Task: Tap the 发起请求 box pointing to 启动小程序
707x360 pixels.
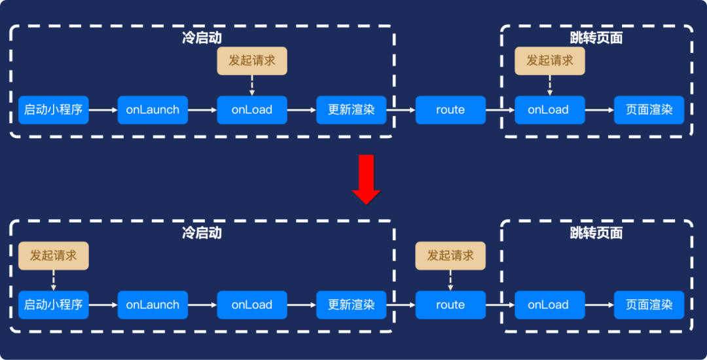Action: pyautogui.click(x=53, y=255)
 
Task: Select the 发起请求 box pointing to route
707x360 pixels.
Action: pyautogui.click(x=450, y=255)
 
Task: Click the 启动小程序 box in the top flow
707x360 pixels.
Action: pyautogui.click(x=53, y=110)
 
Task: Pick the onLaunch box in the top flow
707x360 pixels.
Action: pyautogui.click(x=153, y=110)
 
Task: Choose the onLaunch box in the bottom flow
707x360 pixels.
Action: pyautogui.click(x=153, y=305)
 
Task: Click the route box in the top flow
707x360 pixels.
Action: pyautogui.click(x=450, y=110)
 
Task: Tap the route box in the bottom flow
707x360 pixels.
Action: pyautogui.click(x=450, y=305)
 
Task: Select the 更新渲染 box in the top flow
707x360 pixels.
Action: pyautogui.click(x=352, y=110)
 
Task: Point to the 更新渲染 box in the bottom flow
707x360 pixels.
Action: pyautogui.click(x=352, y=305)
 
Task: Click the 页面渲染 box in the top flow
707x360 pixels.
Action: pyautogui.click(x=649, y=110)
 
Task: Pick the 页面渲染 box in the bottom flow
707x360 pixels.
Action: pyautogui.click(x=649, y=305)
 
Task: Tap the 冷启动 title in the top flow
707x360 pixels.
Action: pyautogui.click(x=202, y=38)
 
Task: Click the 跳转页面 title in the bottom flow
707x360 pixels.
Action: pyautogui.click(x=596, y=233)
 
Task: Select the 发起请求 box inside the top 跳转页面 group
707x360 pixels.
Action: pyautogui.click(x=550, y=60)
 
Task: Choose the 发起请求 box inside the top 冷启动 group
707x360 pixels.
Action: pyautogui.click(x=252, y=60)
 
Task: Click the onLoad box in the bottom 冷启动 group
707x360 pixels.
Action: pyautogui.click(x=252, y=305)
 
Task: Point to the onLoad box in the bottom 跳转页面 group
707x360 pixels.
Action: pyautogui.click(x=550, y=305)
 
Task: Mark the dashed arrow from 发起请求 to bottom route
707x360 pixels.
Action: pyautogui.click(x=450, y=280)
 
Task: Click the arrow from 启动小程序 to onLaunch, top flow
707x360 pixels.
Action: pyautogui.click(x=103, y=110)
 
